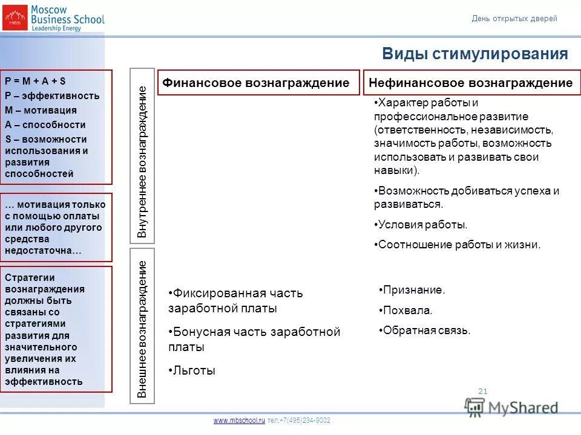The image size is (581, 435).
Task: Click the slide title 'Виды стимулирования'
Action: (474, 54)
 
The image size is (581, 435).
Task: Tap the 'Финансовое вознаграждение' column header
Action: (255, 83)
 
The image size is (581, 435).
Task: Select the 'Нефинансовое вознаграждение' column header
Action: (470, 83)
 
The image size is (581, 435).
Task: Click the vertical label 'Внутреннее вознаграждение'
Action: (142, 161)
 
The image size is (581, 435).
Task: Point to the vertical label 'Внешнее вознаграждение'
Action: (142, 329)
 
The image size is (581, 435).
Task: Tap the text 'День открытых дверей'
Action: (514, 19)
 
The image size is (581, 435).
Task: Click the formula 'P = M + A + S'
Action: (35, 81)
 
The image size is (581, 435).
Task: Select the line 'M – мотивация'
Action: (41, 110)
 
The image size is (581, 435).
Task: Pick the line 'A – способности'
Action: (45, 124)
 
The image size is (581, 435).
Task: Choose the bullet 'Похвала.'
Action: (408, 311)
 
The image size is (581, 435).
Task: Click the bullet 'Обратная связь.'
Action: (426, 330)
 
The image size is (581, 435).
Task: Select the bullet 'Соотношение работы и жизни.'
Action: (458, 245)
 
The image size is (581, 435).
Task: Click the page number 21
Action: (482, 391)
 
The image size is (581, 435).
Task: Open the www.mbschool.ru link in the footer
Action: (239, 420)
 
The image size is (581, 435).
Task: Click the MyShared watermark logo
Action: (511, 407)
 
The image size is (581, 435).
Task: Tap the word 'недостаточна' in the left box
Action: (42, 250)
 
